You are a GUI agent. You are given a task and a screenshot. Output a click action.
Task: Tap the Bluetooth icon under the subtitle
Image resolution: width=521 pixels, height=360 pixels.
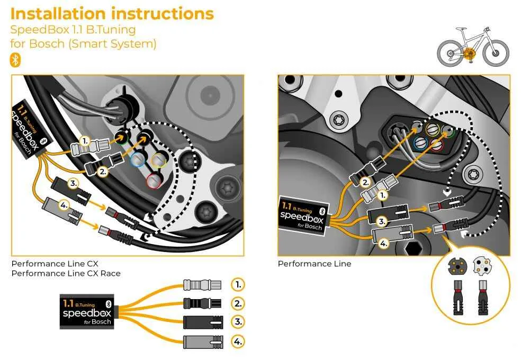point(15,60)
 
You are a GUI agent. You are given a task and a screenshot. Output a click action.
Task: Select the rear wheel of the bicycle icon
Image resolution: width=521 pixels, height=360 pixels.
point(450,53)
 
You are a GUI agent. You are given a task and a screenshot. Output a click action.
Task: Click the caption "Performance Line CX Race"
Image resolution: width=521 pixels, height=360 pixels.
point(66,273)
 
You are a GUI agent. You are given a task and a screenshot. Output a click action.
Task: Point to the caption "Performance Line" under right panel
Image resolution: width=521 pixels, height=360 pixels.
point(314,264)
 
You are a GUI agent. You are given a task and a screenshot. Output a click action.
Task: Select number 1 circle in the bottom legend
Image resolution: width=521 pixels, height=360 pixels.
point(238,285)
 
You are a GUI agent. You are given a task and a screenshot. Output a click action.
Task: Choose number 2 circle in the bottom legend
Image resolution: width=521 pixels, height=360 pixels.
point(238,304)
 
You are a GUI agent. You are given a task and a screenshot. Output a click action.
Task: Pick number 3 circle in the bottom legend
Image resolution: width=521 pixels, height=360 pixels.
point(238,322)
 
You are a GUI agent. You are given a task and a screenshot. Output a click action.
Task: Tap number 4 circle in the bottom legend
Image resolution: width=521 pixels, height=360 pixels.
point(238,341)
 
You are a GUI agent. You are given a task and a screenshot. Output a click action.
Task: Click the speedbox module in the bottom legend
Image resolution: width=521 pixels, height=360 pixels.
point(88,312)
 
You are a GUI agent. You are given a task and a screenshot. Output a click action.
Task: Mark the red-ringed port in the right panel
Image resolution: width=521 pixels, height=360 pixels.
point(436,144)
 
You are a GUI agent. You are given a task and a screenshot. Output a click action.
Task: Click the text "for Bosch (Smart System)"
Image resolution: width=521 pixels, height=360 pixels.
point(83,44)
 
